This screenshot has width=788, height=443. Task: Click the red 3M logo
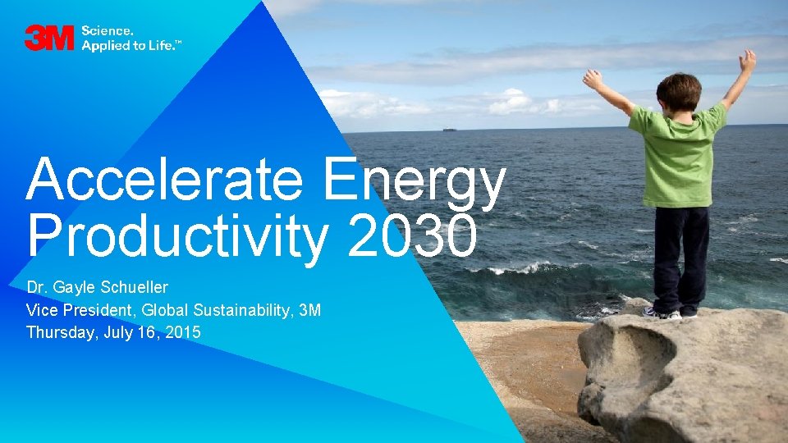50,38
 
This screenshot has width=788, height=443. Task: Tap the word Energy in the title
413,182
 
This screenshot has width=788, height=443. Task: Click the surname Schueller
135,288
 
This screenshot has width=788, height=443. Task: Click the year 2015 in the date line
183,332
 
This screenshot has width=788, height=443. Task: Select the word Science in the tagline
102,31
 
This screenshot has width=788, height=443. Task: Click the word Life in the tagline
158,45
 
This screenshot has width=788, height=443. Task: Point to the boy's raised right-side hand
747,60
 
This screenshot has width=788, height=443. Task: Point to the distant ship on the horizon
448,129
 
